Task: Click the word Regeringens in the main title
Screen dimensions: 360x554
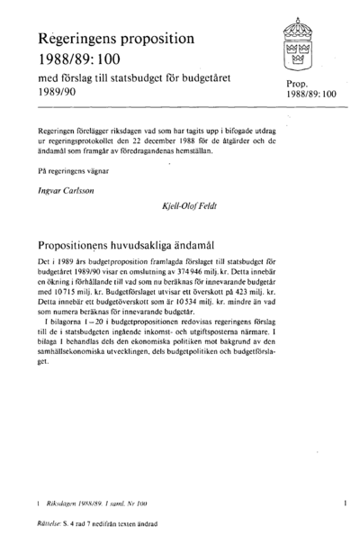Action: click(x=74, y=41)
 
